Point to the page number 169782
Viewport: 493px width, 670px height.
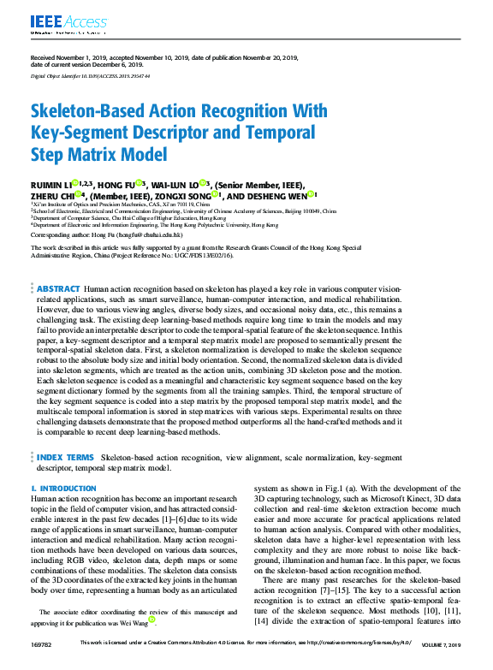(40, 666)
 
